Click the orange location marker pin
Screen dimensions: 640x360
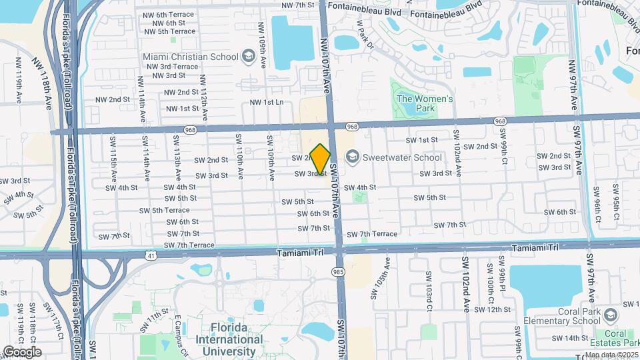click(320, 159)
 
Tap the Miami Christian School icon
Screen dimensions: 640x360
click(249, 57)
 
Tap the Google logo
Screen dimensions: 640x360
click(21, 351)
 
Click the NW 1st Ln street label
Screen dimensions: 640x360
click(267, 102)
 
